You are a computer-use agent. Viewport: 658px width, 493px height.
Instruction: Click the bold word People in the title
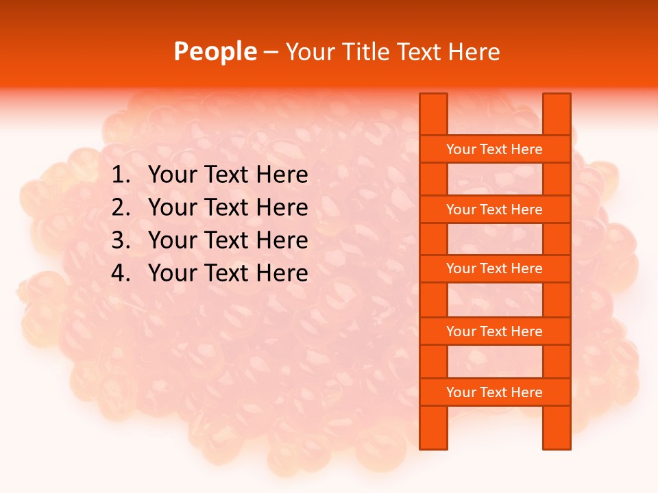215,51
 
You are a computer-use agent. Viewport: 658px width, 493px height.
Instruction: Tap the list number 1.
120,175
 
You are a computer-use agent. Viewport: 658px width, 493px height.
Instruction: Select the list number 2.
120,207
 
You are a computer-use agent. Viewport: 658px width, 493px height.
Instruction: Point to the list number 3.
120,240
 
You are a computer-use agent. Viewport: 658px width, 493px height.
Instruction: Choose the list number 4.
120,273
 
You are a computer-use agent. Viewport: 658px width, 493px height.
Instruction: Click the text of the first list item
228,175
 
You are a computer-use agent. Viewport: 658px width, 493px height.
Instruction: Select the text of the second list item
228,207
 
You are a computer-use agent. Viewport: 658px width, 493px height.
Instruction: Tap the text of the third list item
228,240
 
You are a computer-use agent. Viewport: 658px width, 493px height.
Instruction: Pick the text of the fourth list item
228,273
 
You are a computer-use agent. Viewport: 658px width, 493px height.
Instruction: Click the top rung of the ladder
494,149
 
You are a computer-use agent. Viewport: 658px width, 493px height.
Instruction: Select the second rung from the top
494,210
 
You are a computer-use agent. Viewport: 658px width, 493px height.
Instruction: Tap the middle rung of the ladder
494,268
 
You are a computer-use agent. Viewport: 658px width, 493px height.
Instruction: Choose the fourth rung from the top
494,331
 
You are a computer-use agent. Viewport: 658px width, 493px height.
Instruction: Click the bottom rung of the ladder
494,392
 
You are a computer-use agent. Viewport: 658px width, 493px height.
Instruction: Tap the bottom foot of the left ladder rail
433,443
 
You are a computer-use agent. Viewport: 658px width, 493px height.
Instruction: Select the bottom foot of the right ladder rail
557,443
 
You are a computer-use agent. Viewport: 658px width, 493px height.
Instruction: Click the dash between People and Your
271,52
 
